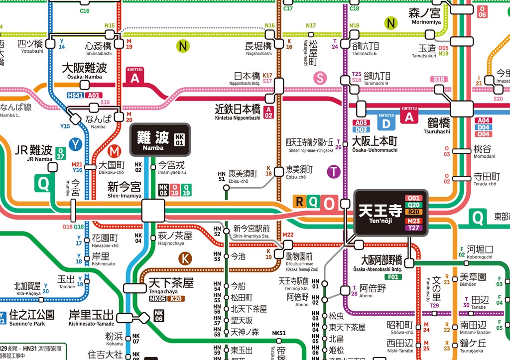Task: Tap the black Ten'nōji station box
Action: [x=391, y=212]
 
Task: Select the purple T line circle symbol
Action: [x=334, y=172]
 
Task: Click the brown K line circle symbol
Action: [x=185, y=258]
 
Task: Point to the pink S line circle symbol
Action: [x=320, y=78]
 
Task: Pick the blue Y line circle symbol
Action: [x=75, y=144]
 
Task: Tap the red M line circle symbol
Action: [x=114, y=150]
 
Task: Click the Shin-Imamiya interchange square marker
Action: [x=153, y=211]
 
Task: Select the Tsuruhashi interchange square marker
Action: [x=462, y=109]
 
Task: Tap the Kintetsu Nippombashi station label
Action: [x=238, y=112]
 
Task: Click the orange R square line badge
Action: [x=299, y=202]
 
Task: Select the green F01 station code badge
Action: [x=393, y=277]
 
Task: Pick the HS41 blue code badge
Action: [x=76, y=95]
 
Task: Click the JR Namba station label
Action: [x=34, y=152]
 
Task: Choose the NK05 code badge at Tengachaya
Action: [x=158, y=299]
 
